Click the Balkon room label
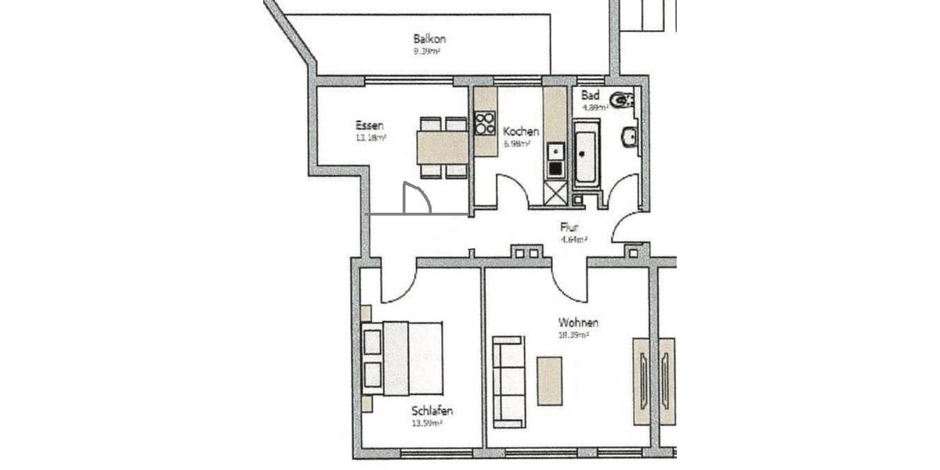[x=430, y=38]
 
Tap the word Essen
[x=369, y=125]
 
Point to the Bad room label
[x=590, y=95]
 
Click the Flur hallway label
[x=569, y=228]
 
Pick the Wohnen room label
[x=579, y=322]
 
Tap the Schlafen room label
[x=432, y=411]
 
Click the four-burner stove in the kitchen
[x=485, y=123]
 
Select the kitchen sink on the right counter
[x=555, y=150]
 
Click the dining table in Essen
[x=443, y=146]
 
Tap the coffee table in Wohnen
[x=550, y=381]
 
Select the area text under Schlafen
[x=427, y=424]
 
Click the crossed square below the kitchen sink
[x=555, y=193]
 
